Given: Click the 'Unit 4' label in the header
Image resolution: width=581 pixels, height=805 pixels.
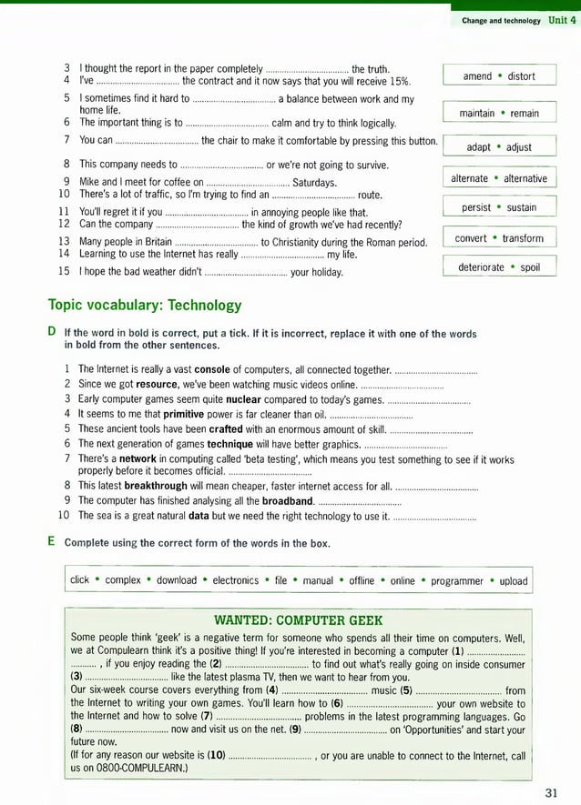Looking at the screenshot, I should click(562, 19).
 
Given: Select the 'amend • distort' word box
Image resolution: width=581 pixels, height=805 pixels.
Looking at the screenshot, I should click(499, 76).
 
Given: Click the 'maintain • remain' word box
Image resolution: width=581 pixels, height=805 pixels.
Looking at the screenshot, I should click(499, 114).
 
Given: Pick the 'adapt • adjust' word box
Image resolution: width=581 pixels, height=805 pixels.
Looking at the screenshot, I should click(499, 147).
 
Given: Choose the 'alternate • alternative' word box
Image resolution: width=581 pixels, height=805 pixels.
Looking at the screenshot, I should click(499, 179).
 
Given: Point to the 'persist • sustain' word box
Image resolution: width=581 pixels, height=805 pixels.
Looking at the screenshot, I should click(499, 208).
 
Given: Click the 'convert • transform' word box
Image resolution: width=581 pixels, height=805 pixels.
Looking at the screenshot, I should click(499, 239).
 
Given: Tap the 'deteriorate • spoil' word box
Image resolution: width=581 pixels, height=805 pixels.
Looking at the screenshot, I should click(499, 268).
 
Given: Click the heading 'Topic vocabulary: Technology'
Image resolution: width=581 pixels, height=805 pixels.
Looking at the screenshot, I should click(145, 306).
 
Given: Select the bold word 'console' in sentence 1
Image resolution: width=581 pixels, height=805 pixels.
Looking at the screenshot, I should click(212, 369).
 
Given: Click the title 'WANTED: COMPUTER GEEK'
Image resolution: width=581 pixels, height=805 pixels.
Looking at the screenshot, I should click(298, 620).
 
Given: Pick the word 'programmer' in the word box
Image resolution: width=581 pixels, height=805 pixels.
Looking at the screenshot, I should click(457, 580).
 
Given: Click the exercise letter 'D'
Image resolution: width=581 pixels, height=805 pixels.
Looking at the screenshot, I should click(52, 333).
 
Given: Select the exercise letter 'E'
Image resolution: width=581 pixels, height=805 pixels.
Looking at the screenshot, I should click(52, 543).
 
